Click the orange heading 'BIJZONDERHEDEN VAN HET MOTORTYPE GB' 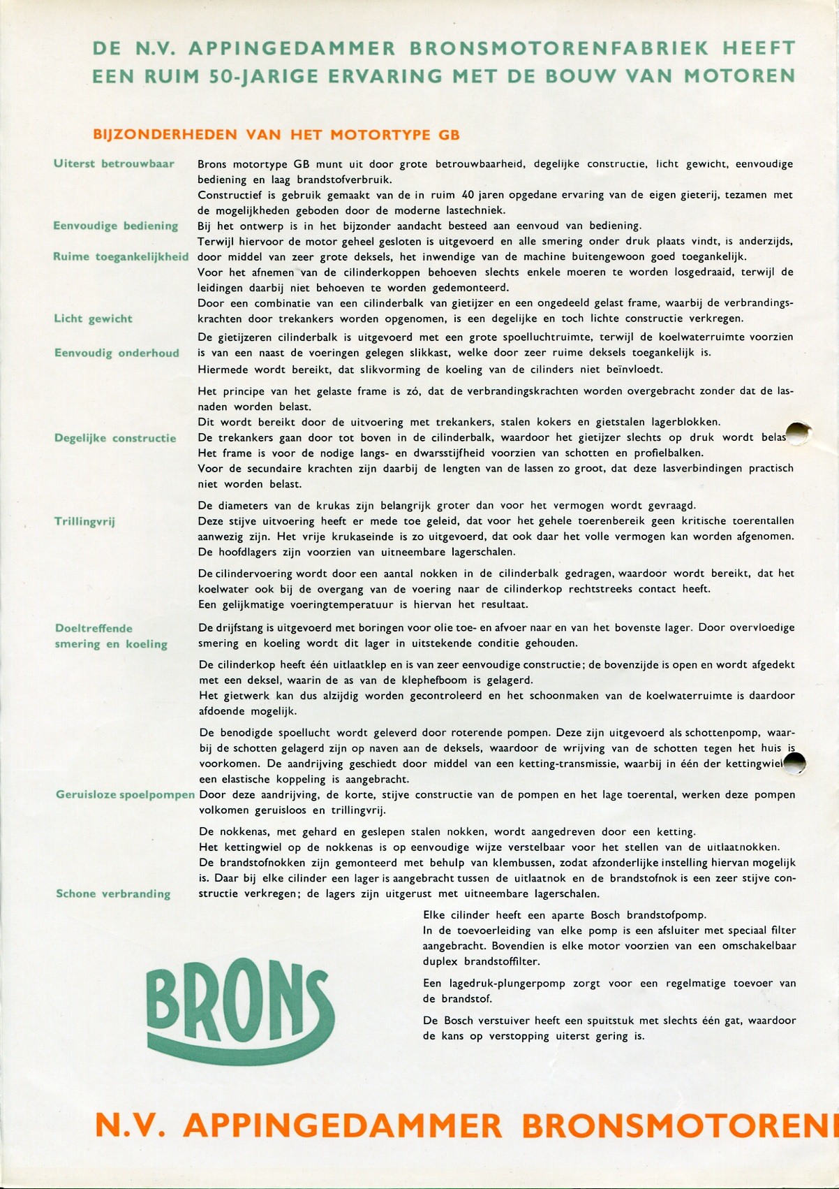tap(276, 134)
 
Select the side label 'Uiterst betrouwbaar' tap(114, 164)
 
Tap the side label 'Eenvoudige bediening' tap(115, 226)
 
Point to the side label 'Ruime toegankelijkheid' tap(121, 256)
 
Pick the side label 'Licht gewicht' tap(93, 319)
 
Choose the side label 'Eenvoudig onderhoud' tap(117, 353)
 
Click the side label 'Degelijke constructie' tap(115, 438)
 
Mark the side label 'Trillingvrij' tap(84, 521)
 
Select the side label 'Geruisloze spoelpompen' tap(125, 794)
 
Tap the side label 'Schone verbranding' tap(113, 893)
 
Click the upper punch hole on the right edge tap(797, 433)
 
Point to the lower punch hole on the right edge tap(795, 764)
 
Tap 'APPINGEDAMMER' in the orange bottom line tap(346, 1125)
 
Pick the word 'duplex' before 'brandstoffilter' tap(438, 961)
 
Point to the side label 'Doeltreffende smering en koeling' tap(111, 636)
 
